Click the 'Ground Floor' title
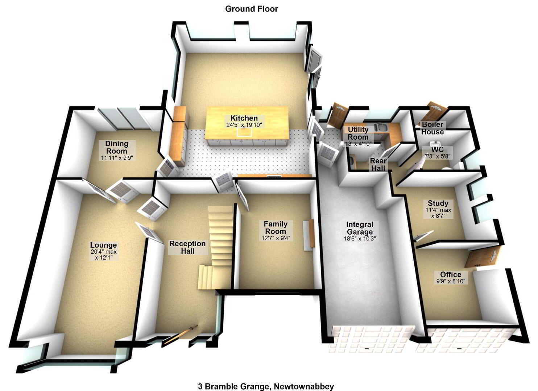coord(252,9)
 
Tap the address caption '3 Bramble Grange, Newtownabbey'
coord(266,386)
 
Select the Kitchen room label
coord(244,118)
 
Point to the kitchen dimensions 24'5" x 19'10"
coord(244,125)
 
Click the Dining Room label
coord(117,147)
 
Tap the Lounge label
coord(104,245)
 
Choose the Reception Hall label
coord(187,247)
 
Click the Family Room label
coord(276,228)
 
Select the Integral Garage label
coord(360,228)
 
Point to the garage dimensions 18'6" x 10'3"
coord(360,239)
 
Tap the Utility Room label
coord(358,133)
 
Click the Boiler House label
coord(433,128)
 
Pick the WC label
coord(437,150)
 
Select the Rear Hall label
coord(378,165)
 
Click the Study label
coord(438,203)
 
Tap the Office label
coord(451,274)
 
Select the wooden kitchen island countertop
coord(247,123)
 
